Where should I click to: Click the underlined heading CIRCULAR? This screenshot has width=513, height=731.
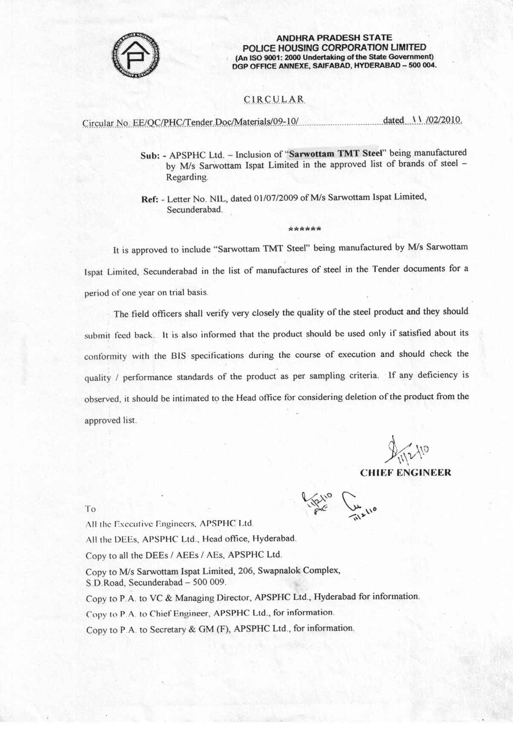[x=274, y=100]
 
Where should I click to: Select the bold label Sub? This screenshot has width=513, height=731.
[x=150, y=156]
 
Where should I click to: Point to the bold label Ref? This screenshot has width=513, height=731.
[x=150, y=199]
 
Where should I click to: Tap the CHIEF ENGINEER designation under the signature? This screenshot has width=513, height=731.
[x=405, y=473]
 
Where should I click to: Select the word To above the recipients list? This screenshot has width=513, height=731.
[x=90, y=509]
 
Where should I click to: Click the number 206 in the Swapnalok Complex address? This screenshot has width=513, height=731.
[x=246, y=571]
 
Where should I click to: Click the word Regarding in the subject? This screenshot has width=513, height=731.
[x=187, y=177]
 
